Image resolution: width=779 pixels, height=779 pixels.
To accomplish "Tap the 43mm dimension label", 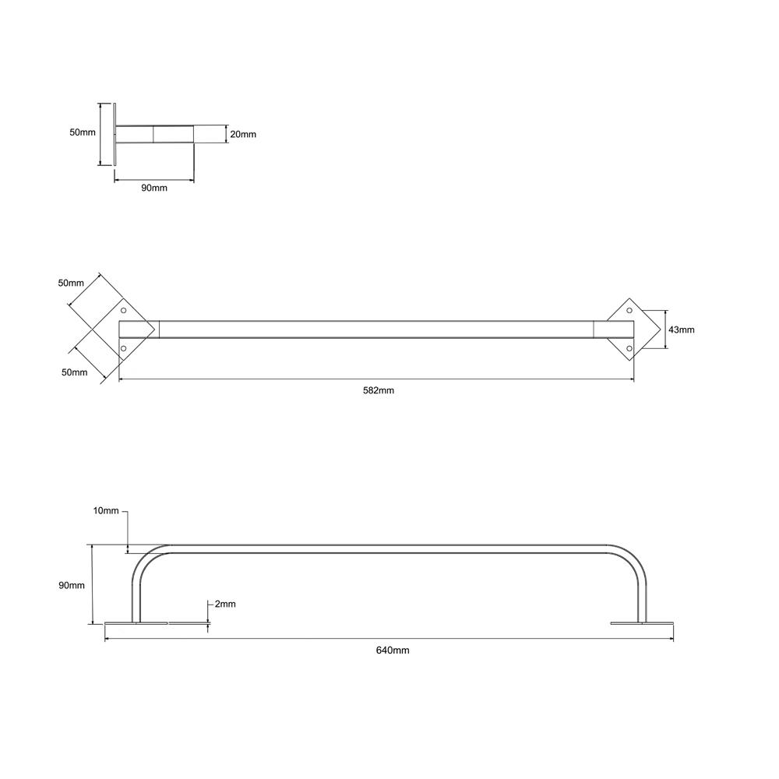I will point(682,330).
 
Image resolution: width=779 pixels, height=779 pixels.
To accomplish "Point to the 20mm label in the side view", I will point(244,134).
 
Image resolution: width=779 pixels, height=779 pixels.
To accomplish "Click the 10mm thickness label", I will point(105,511).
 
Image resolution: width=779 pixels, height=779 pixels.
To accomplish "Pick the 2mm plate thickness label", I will point(224,605).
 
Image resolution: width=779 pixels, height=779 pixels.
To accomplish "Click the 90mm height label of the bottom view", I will point(72,586).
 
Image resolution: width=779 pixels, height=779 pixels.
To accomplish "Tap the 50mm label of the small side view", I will point(83,132).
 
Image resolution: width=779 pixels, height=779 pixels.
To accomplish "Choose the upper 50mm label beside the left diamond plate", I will point(71,283).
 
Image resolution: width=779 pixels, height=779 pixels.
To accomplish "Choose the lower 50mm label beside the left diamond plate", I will point(75,372).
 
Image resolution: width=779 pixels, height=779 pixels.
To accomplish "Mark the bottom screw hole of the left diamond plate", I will point(124,348).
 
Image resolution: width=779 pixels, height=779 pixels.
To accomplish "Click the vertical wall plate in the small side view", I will point(115,133).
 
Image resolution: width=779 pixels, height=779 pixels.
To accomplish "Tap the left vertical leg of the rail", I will point(136,600).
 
